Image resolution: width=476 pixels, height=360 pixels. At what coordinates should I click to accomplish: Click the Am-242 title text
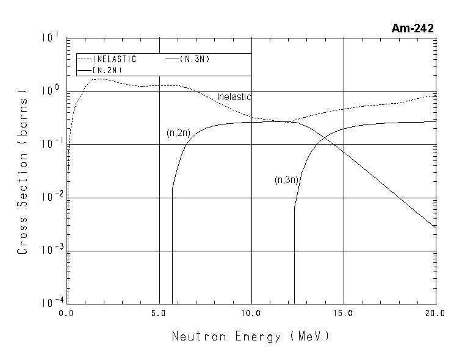pyautogui.click(x=413, y=28)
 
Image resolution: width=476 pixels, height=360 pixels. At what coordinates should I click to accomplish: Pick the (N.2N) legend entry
pyautogui.click(x=108, y=71)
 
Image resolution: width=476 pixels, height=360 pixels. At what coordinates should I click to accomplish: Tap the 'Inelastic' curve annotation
pyautogui.click(x=234, y=96)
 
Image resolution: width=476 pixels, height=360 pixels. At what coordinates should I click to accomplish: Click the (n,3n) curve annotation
pyautogui.click(x=285, y=180)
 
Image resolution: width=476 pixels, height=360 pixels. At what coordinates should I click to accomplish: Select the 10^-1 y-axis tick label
pyautogui.click(x=50, y=144)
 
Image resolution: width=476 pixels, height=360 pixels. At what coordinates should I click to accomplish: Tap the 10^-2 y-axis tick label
pyautogui.click(x=50, y=198)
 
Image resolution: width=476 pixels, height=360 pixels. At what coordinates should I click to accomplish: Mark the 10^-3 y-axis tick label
pyautogui.click(x=50, y=251)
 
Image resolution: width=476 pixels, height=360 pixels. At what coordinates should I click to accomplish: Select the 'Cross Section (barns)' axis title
pyautogui.click(x=23, y=175)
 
